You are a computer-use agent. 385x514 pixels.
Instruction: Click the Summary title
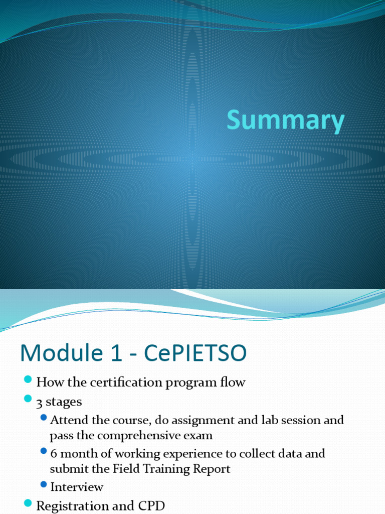(286, 122)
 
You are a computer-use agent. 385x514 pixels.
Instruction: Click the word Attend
(69, 420)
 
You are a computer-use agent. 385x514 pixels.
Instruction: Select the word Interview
(77, 486)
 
